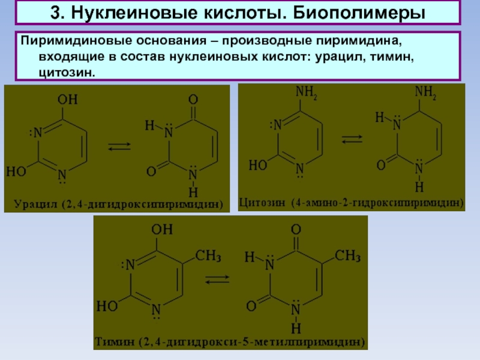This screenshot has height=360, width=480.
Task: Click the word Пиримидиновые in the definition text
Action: tap(64, 44)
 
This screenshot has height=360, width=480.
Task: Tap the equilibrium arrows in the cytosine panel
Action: tap(351, 139)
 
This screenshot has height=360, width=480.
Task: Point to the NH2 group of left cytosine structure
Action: tap(307, 93)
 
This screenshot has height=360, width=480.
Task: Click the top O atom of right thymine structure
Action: tap(295, 230)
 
